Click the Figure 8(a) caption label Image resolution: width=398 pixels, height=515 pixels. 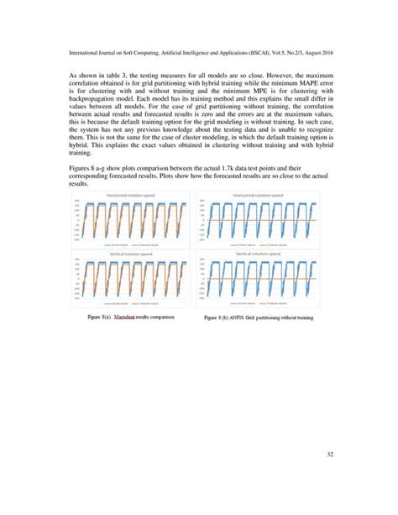click(100, 320)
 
